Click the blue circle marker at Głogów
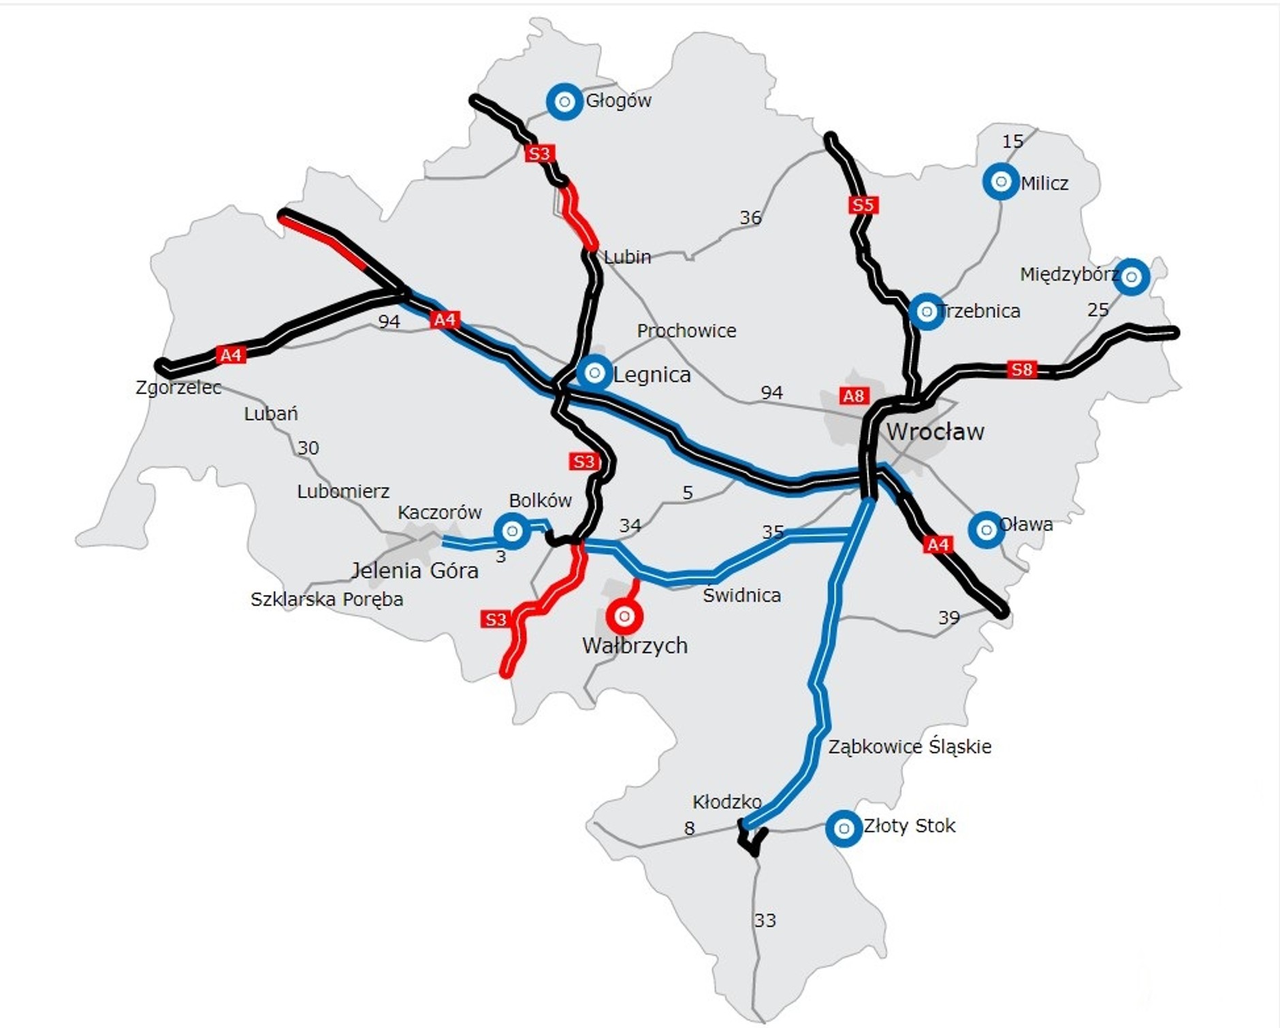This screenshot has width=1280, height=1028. tap(564, 102)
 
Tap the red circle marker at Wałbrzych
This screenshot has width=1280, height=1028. tap(624, 616)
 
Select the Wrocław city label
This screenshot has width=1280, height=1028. tap(935, 432)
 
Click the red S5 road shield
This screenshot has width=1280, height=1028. tap(863, 205)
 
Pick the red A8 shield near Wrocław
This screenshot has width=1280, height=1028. tap(853, 396)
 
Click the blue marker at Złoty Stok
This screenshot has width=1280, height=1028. tap(844, 828)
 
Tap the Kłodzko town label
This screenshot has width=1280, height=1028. tap(726, 801)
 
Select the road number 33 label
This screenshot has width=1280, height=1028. tap(765, 920)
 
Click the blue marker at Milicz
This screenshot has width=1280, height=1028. tap(1001, 182)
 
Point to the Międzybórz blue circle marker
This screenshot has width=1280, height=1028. tap(1132, 276)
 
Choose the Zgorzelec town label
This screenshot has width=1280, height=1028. tap(178, 387)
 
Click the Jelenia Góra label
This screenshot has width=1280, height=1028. tap(415, 570)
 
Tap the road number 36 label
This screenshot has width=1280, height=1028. tap(750, 218)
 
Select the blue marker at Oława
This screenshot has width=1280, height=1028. tap(986, 529)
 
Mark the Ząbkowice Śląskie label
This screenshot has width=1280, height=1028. tap(910, 746)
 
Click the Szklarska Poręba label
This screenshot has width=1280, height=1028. tap(327, 599)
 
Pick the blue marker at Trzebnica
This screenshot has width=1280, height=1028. tap(926, 312)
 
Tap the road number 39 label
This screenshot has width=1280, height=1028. tap(948, 617)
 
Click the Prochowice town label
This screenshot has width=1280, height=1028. tap(686, 331)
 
